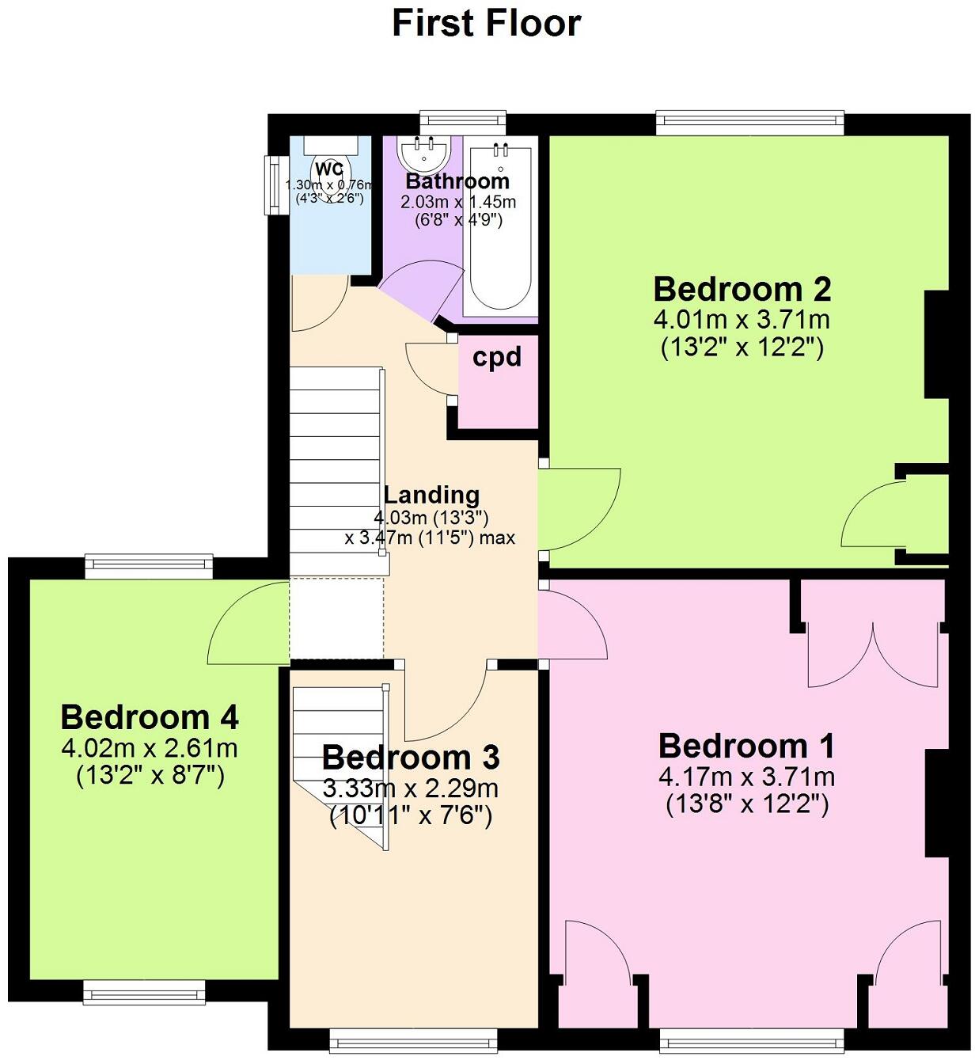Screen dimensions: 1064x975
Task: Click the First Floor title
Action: [x=486, y=24]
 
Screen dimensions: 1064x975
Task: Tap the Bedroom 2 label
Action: [x=742, y=290]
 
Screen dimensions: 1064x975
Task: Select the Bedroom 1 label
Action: [x=746, y=747]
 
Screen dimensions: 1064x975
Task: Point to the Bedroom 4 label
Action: [x=150, y=718]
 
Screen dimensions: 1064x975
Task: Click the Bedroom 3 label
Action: [x=411, y=758]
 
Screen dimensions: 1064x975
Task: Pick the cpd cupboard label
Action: [x=497, y=358]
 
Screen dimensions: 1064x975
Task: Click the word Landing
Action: [x=431, y=496]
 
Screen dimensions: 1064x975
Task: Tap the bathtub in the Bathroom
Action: [x=499, y=230]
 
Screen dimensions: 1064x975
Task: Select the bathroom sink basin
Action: [x=425, y=153]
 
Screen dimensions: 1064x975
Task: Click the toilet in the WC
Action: [x=329, y=170]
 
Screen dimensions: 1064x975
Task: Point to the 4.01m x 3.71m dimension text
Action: [x=742, y=321]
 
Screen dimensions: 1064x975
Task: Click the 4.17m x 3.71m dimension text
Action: [x=746, y=777]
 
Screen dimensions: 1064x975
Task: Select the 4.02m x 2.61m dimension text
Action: [x=150, y=748]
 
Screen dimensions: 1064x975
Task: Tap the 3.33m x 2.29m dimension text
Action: [x=411, y=788]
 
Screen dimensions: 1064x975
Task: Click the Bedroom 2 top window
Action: [x=749, y=121]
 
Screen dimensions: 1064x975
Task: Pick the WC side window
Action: [x=275, y=184]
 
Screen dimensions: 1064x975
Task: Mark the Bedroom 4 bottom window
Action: [x=144, y=991]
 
